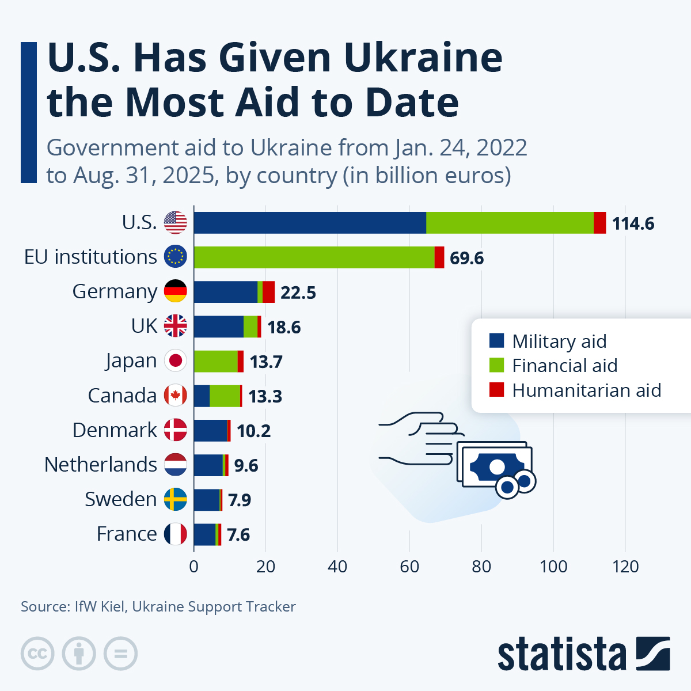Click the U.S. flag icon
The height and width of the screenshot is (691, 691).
click(176, 222)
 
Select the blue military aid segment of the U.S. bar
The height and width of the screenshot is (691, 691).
click(310, 223)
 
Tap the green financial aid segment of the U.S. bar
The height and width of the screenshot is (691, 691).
click(510, 223)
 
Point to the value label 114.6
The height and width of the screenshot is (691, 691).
click(633, 223)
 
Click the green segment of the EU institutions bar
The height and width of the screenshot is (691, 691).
click(314, 257)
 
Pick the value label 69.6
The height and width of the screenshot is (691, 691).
click(466, 258)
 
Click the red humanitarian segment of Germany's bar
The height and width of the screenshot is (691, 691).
click(268, 292)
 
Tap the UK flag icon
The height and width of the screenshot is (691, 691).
click(176, 326)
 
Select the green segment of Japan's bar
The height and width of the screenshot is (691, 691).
click(215, 361)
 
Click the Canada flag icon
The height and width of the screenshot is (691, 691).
click(176, 396)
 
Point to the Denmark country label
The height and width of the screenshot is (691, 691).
click(115, 430)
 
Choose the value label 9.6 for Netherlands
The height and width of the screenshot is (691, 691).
click(246, 465)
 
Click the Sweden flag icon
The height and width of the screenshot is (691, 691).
click(176, 499)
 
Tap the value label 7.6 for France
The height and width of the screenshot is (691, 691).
click(238, 534)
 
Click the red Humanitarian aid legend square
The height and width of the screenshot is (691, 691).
click(496, 390)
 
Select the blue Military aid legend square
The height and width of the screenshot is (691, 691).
click(496, 340)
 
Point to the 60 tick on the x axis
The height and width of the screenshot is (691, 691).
click(409, 567)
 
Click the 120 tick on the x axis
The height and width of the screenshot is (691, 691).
click(625, 567)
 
